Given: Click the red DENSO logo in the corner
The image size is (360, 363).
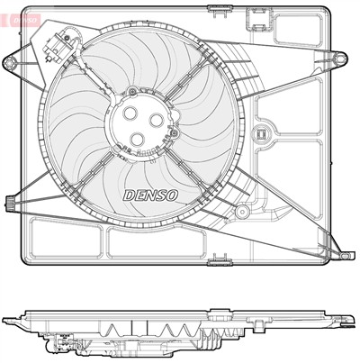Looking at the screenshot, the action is click(x=21, y=19).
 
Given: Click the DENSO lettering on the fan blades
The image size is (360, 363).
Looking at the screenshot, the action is click(x=150, y=195).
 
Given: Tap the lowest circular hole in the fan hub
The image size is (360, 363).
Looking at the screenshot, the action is click(x=138, y=139).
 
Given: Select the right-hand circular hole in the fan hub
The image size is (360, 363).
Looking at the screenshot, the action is click(x=157, y=121).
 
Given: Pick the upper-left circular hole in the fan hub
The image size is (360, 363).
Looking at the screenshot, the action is click(x=130, y=113).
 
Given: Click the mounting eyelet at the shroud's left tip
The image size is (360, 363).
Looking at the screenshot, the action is click(x=10, y=63).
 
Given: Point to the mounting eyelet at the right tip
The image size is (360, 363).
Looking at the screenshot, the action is click(x=340, y=58).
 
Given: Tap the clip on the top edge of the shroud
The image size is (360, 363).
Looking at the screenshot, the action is click(x=218, y=11).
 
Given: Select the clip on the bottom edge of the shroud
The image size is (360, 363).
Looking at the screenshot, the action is click(x=220, y=260).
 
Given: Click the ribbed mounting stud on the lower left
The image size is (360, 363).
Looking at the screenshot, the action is click(x=10, y=202).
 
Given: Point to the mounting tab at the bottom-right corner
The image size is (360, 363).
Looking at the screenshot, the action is click(x=348, y=255).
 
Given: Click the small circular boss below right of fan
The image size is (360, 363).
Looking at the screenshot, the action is click(x=242, y=212).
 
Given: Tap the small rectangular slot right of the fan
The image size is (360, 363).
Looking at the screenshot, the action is click(x=261, y=133).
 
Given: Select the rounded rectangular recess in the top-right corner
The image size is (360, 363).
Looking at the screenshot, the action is click(x=298, y=29).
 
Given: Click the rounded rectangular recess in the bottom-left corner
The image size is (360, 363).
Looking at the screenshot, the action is click(x=67, y=238).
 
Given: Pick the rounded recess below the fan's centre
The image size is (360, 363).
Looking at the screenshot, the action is click(x=157, y=243).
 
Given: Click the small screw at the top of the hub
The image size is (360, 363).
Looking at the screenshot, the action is click(x=132, y=91).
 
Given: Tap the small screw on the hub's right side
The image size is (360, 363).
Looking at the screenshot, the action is click(x=174, y=133).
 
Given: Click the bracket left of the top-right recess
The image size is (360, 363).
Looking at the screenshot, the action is click(x=259, y=19).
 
